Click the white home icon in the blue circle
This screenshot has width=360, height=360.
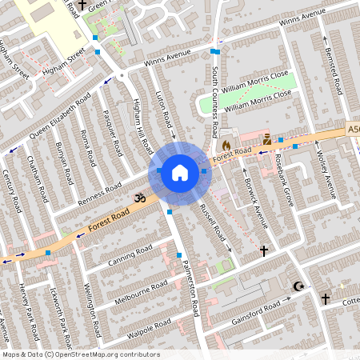coord(180,172)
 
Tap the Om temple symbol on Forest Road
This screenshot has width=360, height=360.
coord(137,195)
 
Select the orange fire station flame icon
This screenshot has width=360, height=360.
coord(226,145)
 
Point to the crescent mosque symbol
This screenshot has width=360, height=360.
coord(300,286)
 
